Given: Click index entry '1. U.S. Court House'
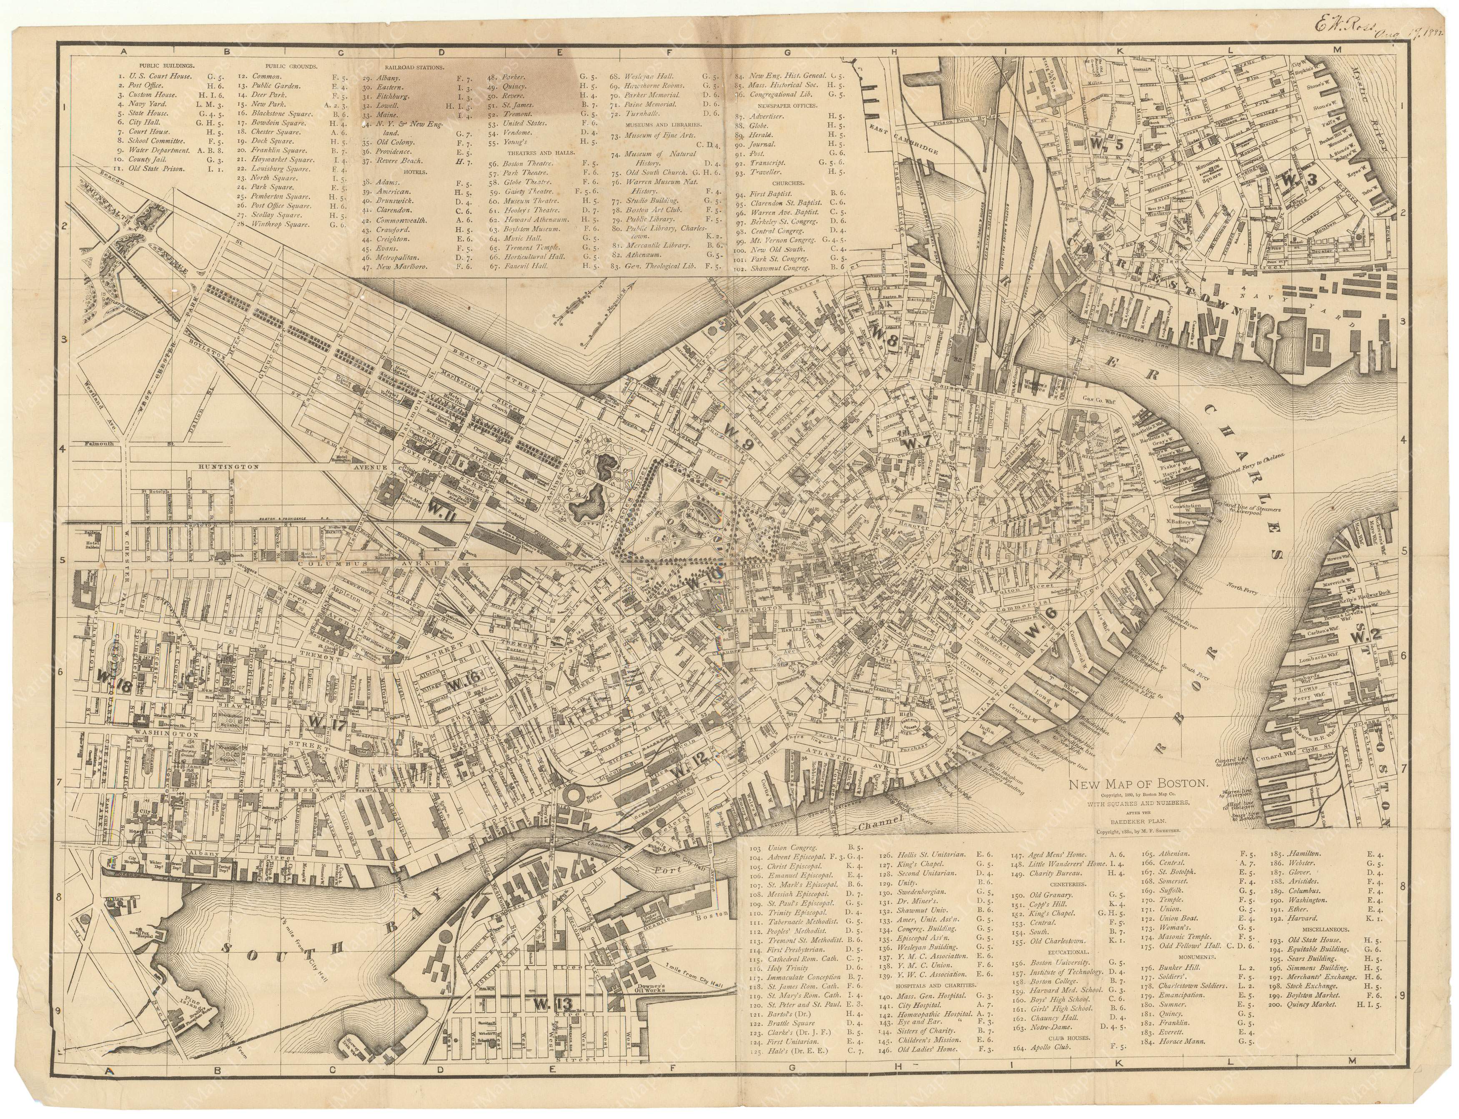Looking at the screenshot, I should coord(155,76).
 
